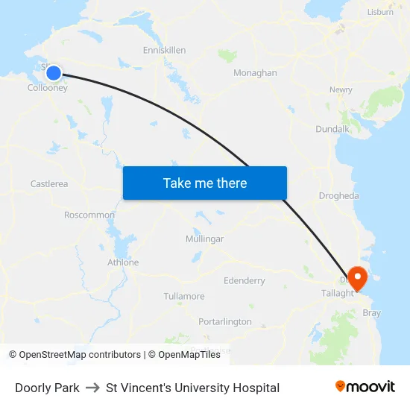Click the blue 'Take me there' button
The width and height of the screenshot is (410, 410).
click(x=205, y=183)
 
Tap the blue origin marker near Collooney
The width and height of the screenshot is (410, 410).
click(x=54, y=72)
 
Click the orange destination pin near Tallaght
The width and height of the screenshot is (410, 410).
click(x=358, y=278)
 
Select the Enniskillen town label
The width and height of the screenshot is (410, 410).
click(x=164, y=50)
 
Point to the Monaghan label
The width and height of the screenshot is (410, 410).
click(x=255, y=73)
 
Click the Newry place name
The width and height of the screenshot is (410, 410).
click(x=341, y=90)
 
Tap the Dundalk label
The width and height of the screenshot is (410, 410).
click(x=332, y=129)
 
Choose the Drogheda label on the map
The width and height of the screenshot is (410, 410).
click(x=338, y=196)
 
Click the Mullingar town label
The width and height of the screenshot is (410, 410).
click(x=204, y=239)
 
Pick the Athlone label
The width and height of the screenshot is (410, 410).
click(x=123, y=262)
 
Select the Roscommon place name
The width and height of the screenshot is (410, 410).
click(x=89, y=215)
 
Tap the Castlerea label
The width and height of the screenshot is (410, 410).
click(x=49, y=184)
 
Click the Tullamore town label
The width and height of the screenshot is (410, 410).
click(x=184, y=297)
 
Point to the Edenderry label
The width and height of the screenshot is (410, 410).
click(x=245, y=281)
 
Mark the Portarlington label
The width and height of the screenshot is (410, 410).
click(x=225, y=322)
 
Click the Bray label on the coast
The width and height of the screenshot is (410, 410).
click(x=371, y=313)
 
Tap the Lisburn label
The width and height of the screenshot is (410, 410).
click(x=381, y=12)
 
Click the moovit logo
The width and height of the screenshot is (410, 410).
click(x=365, y=387)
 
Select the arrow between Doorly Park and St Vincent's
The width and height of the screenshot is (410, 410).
click(x=92, y=388)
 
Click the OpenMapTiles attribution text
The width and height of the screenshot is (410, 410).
click(x=189, y=355)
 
